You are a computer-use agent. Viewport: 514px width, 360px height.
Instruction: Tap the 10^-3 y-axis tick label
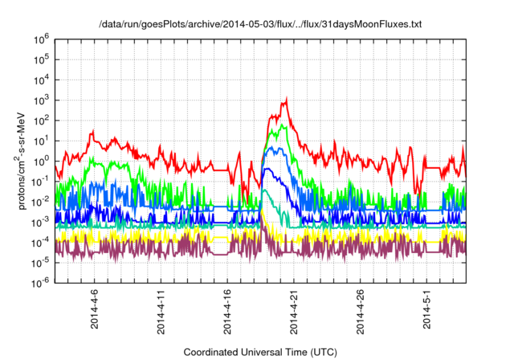coord(41,220)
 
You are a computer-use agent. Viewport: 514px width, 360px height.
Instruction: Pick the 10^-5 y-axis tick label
coord(41,261)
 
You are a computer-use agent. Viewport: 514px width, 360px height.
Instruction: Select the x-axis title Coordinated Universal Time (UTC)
coord(260,352)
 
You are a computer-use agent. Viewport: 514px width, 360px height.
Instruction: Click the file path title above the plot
coord(260,25)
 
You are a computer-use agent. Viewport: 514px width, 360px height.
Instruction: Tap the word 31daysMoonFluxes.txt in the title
coord(376,25)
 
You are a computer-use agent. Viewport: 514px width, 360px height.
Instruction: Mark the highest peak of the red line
coord(286,100)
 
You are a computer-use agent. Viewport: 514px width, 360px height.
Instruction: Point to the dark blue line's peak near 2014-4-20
coord(275,147)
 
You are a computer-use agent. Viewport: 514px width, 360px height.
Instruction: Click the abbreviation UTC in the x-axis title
coord(322,352)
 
